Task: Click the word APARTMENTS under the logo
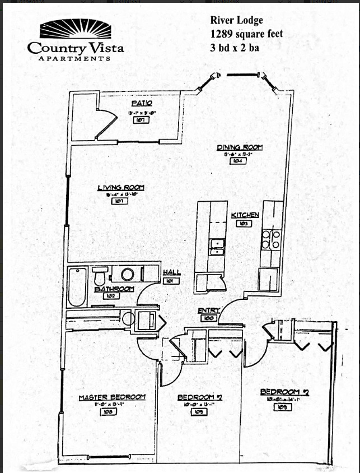74,58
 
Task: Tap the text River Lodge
236,21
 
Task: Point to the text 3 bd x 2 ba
235,47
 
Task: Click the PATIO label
142,103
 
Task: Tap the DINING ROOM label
240,147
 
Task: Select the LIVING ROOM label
121,188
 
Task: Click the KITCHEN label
245,215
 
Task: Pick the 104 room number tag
237,161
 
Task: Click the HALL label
171,272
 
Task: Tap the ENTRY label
208,310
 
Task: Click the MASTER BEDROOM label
112,397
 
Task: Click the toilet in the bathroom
100,276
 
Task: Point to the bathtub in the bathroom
77,286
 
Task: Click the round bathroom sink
128,275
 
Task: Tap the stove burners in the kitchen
272,239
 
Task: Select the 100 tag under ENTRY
209,318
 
